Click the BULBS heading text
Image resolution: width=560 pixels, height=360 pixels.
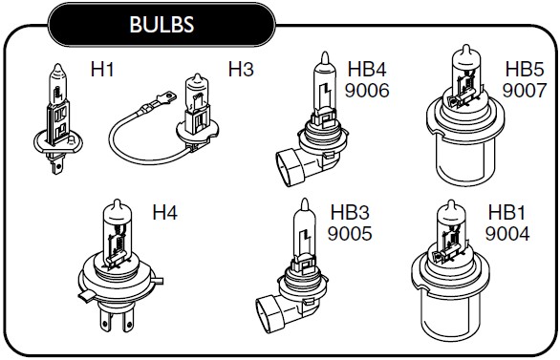tap(162, 24)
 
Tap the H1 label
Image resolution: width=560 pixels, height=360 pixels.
tap(102, 69)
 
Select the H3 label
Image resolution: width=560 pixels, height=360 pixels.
tap(241, 69)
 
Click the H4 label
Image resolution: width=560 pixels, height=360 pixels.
tap(165, 213)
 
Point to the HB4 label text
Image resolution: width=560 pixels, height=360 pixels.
tap(367, 69)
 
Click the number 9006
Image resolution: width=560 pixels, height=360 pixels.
tap(367, 91)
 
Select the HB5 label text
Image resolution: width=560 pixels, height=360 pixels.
tap(525, 69)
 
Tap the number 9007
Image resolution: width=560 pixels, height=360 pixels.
tap(525, 91)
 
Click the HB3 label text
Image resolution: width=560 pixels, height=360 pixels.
tap(350, 213)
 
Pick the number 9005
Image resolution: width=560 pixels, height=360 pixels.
tap(350, 234)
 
